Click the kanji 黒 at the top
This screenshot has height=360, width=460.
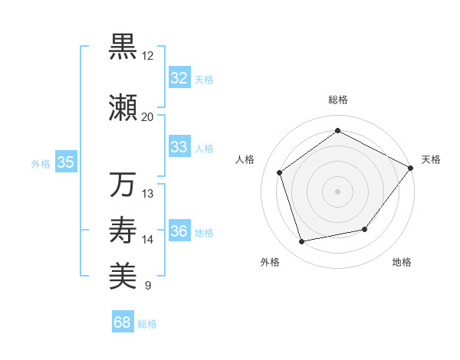[x=123, y=47]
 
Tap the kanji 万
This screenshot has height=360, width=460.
[x=123, y=185]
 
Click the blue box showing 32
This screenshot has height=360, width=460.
[x=179, y=78]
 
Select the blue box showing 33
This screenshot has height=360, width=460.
[x=179, y=147]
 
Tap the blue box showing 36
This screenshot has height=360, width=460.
[x=179, y=232]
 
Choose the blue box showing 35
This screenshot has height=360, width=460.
[x=65, y=162]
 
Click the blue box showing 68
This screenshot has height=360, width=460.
[x=123, y=323]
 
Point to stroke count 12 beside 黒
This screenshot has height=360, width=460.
[x=147, y=56]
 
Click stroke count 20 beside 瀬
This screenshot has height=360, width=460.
[x=147, y=117]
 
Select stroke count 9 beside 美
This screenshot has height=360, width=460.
[x=147, y=286]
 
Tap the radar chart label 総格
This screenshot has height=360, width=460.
[x=337, y=100]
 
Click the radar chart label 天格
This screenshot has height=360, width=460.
[x=431, y=159]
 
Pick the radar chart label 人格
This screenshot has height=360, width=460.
[x=245, y=159]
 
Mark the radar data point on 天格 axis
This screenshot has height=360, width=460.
[x=410, y=168]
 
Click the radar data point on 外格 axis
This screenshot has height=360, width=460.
[x=302, y=242]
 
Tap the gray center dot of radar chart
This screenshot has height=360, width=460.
[x=337, y=191]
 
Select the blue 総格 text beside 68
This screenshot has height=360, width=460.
[x=148, y=324]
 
